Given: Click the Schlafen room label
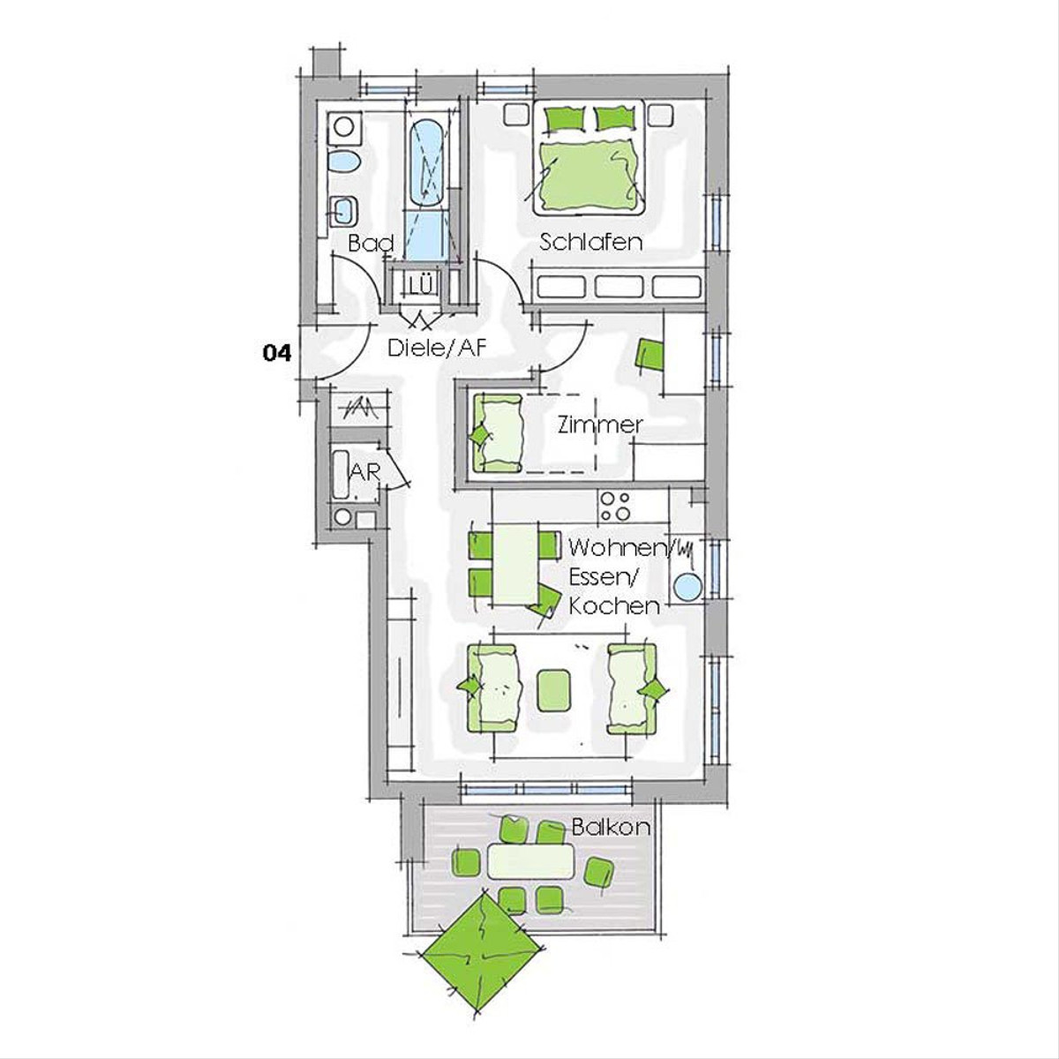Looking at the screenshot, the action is pyautogui.click(x=590, y=242).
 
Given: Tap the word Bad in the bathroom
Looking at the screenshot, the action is pyautogui.click(x=372, y=244).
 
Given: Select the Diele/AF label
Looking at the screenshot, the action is pyautogui.click(x=437, y=348).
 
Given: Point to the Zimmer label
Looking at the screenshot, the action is pyautogui.click(x=600, y=424).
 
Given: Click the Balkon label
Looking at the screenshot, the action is pyautogui.click(x=611, y=827).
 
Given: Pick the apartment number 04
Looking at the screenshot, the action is pyautogui.click(x=277, y=353).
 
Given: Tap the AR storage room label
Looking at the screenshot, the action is pyautogui.click(x=364, y=472).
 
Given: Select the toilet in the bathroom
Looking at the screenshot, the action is pyautogui.click(x=344, y=161).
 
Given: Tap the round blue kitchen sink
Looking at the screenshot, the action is pyautogui.click(x=688, y=586).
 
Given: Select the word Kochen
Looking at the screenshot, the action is pyautogui.click(x=614, y=606).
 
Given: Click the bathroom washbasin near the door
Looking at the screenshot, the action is pyautogui.click(x=345, y=211).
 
